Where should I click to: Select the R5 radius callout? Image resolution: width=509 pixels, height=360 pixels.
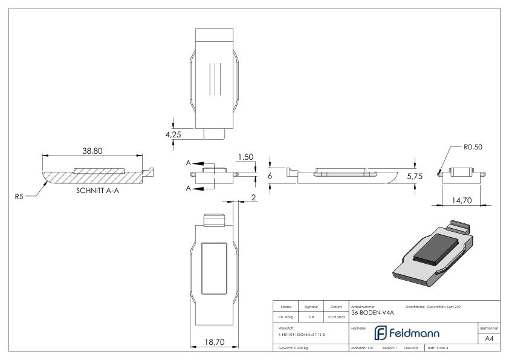[x=22, y=195]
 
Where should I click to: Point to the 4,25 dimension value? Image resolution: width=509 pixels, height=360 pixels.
[x=175, y=134]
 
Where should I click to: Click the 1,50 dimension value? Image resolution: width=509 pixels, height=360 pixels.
[x=245, y=157]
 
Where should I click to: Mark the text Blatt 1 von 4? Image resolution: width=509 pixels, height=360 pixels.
[x=439, y=349]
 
